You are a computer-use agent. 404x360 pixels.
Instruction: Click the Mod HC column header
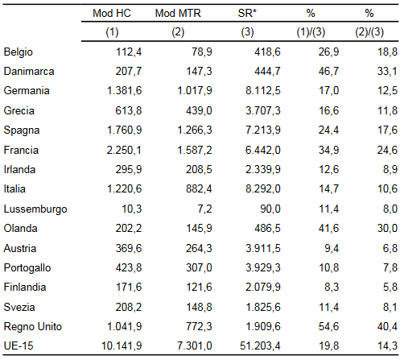point(112,13)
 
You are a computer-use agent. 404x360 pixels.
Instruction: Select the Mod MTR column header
point(178,13)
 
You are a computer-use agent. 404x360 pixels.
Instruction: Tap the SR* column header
point(247,13)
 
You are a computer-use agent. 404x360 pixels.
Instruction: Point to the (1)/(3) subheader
point(311,32)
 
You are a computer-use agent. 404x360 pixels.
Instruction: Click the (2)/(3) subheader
point(369,32)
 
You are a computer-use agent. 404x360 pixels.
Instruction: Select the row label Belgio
point(19,52)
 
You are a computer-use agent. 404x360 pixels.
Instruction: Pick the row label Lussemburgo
point(35,209)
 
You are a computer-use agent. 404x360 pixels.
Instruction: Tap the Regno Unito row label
point(33,327)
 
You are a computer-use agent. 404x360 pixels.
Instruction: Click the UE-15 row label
point(19,346)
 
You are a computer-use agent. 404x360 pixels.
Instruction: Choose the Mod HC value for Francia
point(124,150)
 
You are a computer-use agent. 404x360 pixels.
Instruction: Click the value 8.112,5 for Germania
point(263,91)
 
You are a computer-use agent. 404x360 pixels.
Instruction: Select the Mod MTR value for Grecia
point(199,110)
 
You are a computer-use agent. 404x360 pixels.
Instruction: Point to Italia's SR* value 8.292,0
point(263,189)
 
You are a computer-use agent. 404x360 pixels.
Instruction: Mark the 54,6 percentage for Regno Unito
point(328,327)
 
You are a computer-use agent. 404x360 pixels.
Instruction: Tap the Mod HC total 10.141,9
point(122,346)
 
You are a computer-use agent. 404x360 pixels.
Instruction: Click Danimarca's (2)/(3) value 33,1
point(387,72)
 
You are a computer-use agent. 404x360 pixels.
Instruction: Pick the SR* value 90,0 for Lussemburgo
point(270,209)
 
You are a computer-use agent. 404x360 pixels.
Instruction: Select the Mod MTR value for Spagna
point(195,130)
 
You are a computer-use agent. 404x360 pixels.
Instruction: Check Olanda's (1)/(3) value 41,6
point(328,229)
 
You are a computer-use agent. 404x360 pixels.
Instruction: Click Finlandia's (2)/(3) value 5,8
point(390,288)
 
